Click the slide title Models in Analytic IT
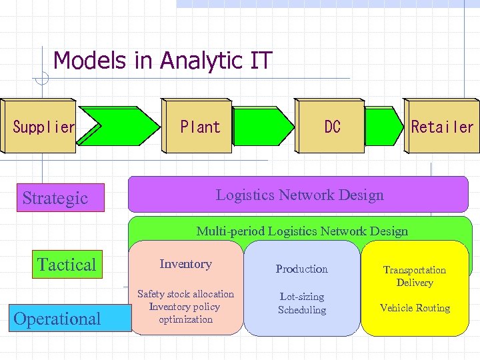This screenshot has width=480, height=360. (163, 61)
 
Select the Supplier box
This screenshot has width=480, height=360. (43, 127)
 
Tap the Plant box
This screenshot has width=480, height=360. (200, 127)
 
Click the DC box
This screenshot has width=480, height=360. (332, 127)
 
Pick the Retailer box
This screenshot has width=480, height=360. (442, 127)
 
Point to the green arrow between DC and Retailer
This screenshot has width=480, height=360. (385, 127)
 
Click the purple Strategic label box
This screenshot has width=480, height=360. (60, 198)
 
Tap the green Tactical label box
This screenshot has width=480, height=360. (67, 265)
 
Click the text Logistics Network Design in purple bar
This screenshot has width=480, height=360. (299, 195)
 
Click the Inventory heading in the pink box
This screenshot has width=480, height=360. (185, 264)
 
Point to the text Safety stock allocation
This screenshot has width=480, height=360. (185, 294)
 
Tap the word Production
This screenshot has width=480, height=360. (302, 269)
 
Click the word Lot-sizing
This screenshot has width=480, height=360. (302, 297)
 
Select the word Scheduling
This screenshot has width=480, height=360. (302, 310)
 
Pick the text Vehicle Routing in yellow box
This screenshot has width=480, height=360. (415, 308)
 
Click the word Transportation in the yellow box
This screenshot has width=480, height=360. (415, 270)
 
